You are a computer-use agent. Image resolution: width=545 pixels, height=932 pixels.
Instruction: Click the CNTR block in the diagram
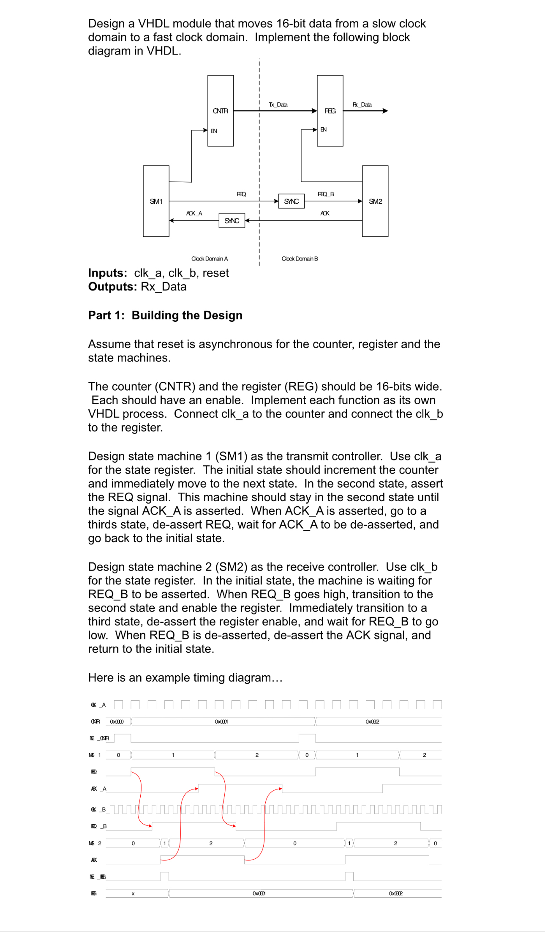220,111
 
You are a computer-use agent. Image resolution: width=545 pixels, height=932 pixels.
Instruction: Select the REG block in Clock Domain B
330,111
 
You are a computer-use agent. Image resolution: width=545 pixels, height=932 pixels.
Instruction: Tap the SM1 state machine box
156,201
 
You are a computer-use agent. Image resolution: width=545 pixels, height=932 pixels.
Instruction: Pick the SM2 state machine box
375,201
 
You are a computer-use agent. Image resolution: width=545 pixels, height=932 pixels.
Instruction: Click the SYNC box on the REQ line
291,201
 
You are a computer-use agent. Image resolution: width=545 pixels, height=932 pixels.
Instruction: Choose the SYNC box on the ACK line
232,221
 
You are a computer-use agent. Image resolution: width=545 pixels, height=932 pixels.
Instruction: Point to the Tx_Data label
278,104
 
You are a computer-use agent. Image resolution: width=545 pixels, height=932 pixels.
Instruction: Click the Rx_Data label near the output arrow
362,104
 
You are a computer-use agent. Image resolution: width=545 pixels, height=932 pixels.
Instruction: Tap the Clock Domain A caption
209,259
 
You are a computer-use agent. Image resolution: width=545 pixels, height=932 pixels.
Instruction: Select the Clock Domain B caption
300,259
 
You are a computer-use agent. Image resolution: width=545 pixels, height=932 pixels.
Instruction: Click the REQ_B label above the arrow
326,194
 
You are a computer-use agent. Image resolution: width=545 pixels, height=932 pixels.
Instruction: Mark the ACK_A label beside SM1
194,213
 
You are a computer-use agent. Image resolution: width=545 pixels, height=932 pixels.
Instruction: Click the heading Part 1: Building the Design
165,315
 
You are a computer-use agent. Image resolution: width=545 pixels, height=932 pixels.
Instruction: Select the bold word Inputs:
107,273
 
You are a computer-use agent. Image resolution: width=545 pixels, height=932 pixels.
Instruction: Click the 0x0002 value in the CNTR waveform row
372,721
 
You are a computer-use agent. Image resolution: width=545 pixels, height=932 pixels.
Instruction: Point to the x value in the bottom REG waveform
133,894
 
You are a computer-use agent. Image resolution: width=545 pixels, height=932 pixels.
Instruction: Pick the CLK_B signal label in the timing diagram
98,809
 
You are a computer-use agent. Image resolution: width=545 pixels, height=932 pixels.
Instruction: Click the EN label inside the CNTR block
214,131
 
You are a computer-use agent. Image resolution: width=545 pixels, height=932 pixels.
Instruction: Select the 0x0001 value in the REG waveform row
259,894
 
